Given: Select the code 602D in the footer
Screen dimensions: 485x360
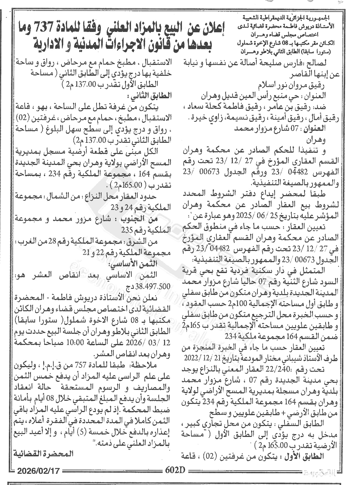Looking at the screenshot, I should [175, 470].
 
